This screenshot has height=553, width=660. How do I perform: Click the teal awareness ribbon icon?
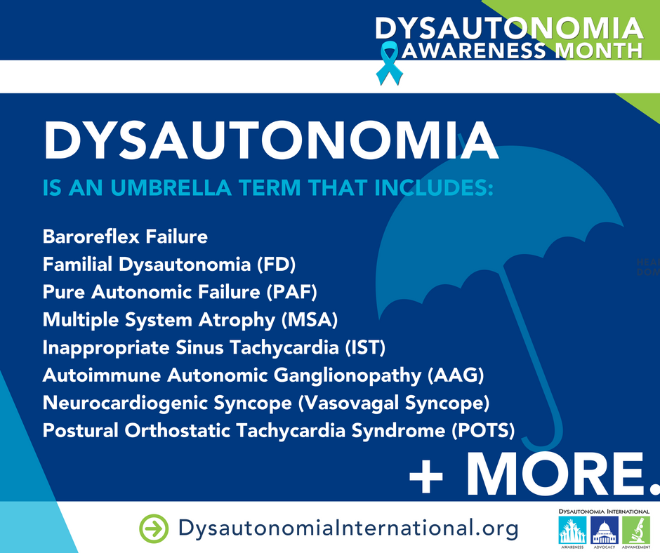coord(385,62)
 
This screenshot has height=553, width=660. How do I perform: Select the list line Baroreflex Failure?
coord(125,236)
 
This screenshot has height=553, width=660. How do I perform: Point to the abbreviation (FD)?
coord(276,265)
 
